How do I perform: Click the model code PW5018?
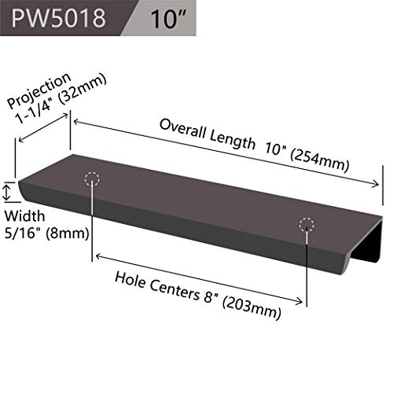point(58,18)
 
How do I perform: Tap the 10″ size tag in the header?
point(167,19)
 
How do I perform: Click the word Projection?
point(39,90)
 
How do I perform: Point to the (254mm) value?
point(320,161)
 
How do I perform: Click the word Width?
point(24,216)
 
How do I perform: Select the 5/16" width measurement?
point(24,233)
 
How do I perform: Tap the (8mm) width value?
point(68,233)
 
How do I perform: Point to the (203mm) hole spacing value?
point(252,308)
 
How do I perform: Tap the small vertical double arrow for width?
point(7,192)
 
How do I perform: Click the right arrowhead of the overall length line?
point(375,184)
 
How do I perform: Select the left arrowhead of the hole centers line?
point(98,256)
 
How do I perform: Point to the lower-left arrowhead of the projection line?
point(22,140)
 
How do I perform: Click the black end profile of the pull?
point(367,240)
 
